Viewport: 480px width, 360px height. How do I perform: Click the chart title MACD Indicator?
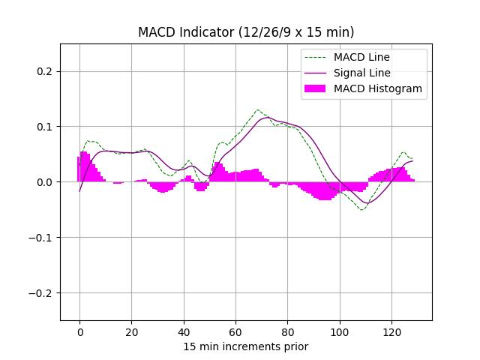(x=246, y=32)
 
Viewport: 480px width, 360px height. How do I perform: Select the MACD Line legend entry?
(x=361, y=57)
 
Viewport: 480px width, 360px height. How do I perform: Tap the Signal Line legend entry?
(x=361, y=73)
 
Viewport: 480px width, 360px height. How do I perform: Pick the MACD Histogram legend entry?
(x=377, y=88)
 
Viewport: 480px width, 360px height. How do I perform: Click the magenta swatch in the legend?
(x=315, y=88)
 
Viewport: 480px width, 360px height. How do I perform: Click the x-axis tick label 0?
(x=79, y=333)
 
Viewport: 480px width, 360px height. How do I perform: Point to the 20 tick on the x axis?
(x=131, y=333)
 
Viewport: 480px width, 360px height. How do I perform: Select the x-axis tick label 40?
(x=184, y=333)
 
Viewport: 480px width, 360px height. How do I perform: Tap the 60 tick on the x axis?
(x=235, y=333)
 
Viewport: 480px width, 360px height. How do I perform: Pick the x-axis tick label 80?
(x=287, y=333)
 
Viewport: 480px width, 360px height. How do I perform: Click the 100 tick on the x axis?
(x=340, y=333)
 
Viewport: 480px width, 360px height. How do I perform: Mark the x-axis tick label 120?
(x=391, y=333)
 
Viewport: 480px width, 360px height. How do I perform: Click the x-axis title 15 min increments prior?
(x=246, y=346)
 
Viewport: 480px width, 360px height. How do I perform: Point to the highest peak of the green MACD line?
(x=257, y=109)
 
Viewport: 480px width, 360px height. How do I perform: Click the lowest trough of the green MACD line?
(x=362, y=210)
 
